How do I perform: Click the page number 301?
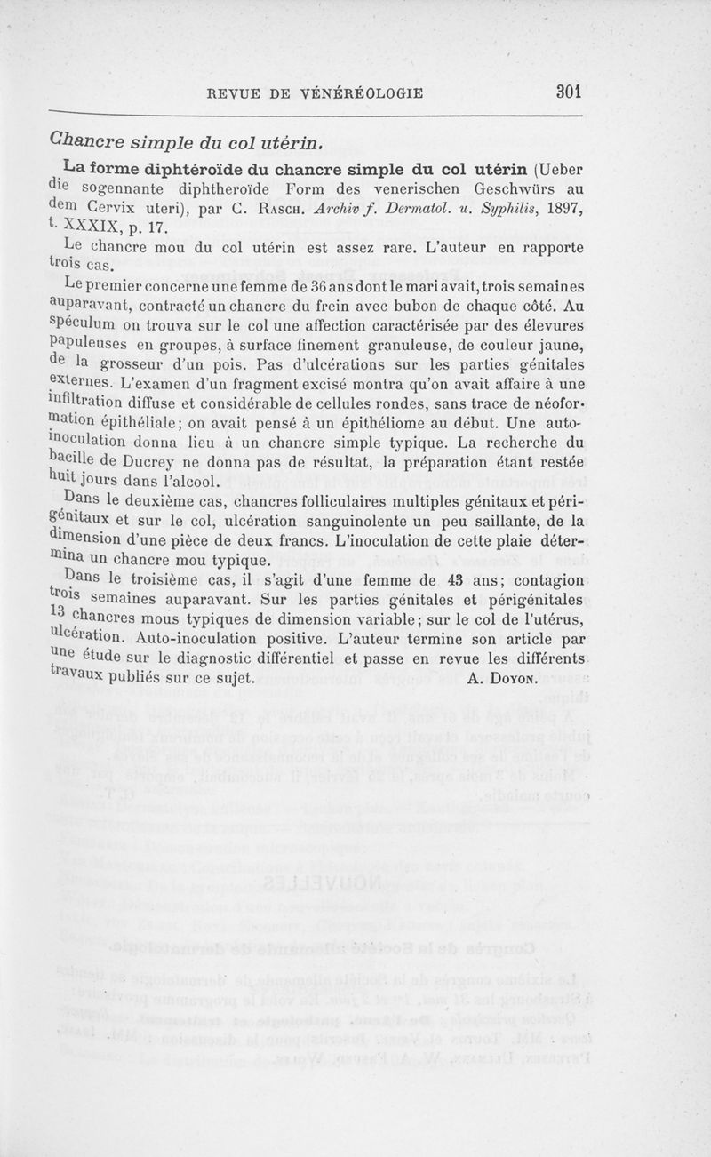tap(567, 91)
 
